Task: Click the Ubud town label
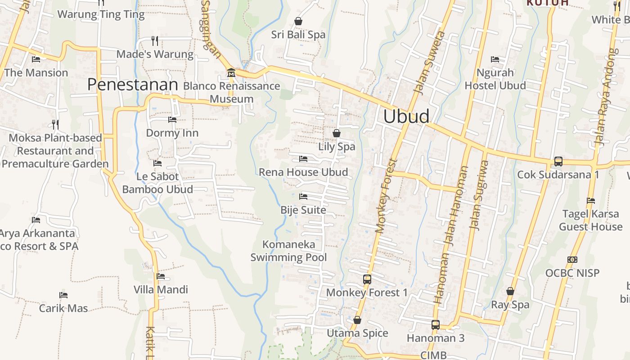coord(406,117)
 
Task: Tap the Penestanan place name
coord(133,85)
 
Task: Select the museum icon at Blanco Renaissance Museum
coord(231,72)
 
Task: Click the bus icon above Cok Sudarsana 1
coord(558,161)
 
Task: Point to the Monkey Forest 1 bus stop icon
coord(367,279)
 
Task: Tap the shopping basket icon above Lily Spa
coord(337,133)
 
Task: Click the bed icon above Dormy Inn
coord(172,120)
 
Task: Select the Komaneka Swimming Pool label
coord(288,251)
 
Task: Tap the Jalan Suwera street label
coord(428,63)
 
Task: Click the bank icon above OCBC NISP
coord(572,260)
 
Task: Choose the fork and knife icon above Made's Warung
coord(155,41)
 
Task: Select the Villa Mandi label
coord(161,289)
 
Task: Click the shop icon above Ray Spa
coord(510,291)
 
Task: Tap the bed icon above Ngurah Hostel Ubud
coord(495,59)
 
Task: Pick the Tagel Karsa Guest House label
coord(590,220)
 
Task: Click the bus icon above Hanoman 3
coord(435,324)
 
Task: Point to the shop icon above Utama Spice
coord(357,320)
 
